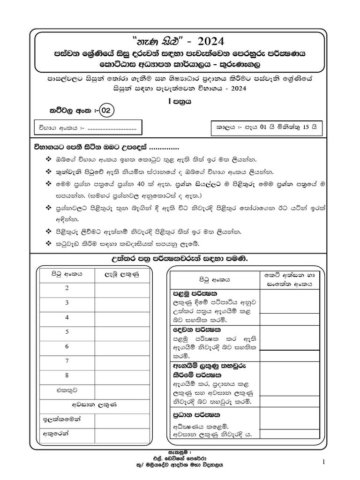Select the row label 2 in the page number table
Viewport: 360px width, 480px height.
[x=67, y=288]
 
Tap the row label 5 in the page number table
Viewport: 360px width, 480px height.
[x=67, y=332]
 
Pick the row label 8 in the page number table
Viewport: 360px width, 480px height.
[x=67, y=375]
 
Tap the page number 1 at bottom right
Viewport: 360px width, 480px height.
[x=323, y=463]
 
